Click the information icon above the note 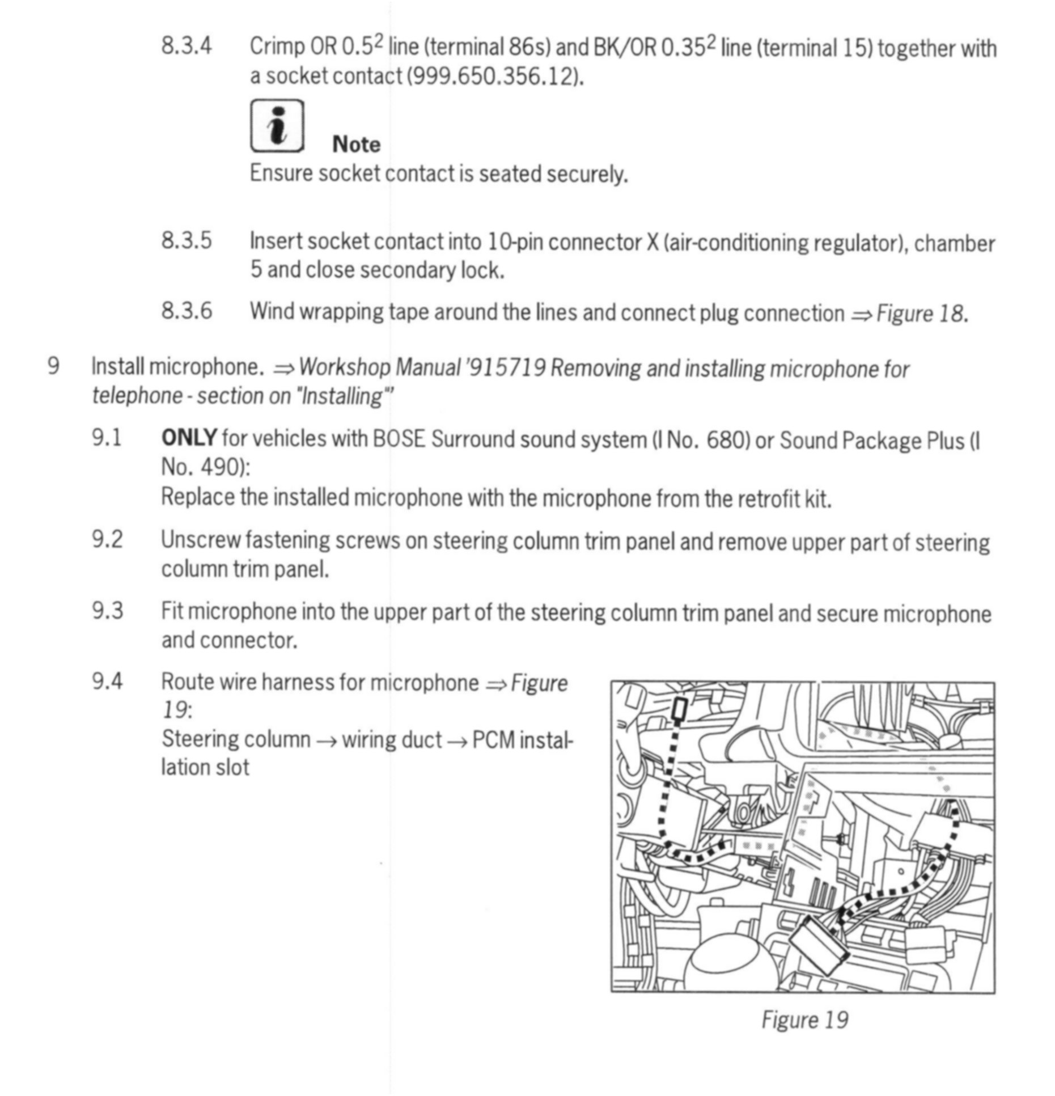click(277, 126)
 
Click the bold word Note click(356, 145)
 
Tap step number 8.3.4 click(187, 46)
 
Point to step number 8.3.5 click(187, 240)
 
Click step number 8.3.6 click(187, 311)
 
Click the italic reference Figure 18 click(922, 314)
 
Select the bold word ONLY click(189, 438)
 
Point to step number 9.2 click(107, 539)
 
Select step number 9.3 click(107, 611)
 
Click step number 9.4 click(107, 681)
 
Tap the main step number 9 click(53, 366)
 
